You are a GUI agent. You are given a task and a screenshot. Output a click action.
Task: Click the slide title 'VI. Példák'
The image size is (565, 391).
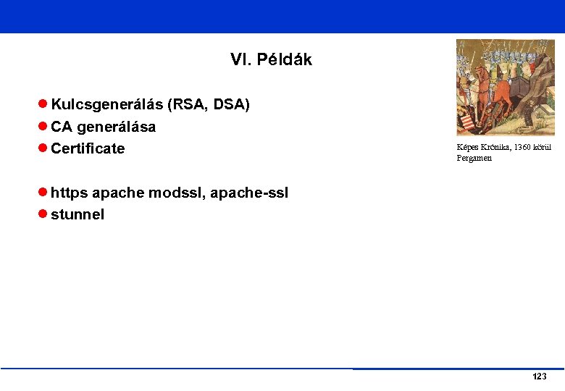click(271, 60)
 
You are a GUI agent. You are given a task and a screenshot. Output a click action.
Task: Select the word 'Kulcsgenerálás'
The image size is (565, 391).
click(106, 105)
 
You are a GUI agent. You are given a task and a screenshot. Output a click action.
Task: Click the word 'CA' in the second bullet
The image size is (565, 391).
click(62, 127)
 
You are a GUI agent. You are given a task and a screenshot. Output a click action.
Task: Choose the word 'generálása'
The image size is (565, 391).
click(116, 127)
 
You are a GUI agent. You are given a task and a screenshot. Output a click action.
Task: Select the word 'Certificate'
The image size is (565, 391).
click(88, 148)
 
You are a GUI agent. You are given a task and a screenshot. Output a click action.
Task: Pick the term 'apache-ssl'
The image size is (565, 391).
click(249, 193)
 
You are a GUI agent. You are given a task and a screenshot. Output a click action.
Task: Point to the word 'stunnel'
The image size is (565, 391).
click(78, 214)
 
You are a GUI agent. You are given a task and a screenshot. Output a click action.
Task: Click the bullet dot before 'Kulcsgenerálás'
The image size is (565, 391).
click(43, 105)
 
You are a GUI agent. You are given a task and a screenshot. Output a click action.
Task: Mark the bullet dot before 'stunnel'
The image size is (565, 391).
click(43, 214)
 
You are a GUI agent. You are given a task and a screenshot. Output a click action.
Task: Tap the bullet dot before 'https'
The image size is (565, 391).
click(43, 193)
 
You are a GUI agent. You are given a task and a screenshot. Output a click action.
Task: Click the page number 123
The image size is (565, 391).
click(539, 377)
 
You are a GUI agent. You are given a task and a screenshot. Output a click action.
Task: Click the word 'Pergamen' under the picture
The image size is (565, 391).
click(474, 158)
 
